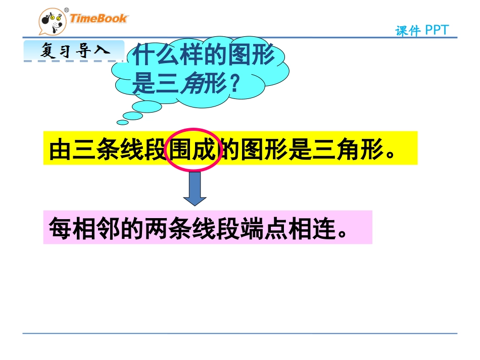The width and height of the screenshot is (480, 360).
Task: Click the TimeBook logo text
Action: coord(99,19)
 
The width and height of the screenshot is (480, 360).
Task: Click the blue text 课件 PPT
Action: coord(422,31)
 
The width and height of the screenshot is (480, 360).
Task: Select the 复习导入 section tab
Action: coord(74,52)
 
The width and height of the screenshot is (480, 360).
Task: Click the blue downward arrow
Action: coord(195,188)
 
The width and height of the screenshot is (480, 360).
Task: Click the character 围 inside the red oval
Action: coord(181,150)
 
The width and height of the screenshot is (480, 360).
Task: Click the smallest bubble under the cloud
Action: coord(123,122)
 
